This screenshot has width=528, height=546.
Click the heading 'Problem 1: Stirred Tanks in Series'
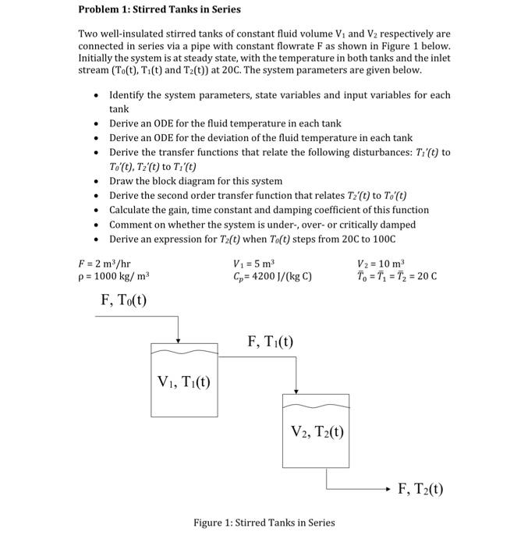(160, 9)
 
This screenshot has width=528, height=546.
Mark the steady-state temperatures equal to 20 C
(396, 276)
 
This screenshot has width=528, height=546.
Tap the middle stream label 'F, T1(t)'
(270, 341)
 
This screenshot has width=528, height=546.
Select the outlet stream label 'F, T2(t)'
(420, 489)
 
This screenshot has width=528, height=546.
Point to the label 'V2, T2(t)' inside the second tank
(317, 431)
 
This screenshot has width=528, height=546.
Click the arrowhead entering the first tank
(179, 339)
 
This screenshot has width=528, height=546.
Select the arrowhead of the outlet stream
(387, 490)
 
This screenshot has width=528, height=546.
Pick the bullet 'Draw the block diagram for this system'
(196, 181)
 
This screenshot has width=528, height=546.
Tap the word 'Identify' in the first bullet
(127, 94)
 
